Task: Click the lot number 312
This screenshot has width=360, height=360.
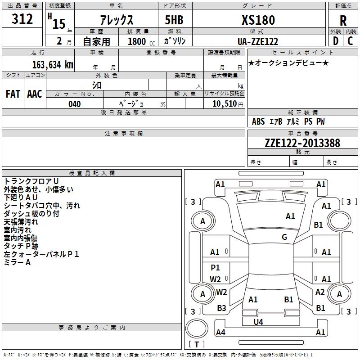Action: (x=22, y=19)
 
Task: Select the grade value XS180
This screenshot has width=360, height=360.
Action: (x=258, y=20)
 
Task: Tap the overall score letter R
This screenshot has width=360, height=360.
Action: (x=343, y=21)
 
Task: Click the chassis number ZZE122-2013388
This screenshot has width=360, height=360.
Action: (x=302, y=143)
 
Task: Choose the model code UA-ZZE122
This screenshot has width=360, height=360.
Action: (x=258, y=41)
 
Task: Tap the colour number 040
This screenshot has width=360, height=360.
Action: (x=75, y=104)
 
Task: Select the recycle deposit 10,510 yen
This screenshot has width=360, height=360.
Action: (x=224, y=104)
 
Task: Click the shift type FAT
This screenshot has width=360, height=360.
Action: (x=13, y=94)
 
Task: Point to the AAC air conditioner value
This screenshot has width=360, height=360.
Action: (x=35, y=94)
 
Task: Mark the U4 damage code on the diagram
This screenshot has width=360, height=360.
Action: (x=258, y=322)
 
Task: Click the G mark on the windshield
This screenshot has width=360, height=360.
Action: (x=284, y=237)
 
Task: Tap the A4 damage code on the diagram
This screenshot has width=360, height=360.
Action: (x=220, y=333)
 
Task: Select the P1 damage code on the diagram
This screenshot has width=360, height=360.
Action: (x=216, y=267)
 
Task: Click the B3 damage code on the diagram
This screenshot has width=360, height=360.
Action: (x=221, y=308)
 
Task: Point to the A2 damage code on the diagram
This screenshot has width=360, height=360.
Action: (x=320, y=292)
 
